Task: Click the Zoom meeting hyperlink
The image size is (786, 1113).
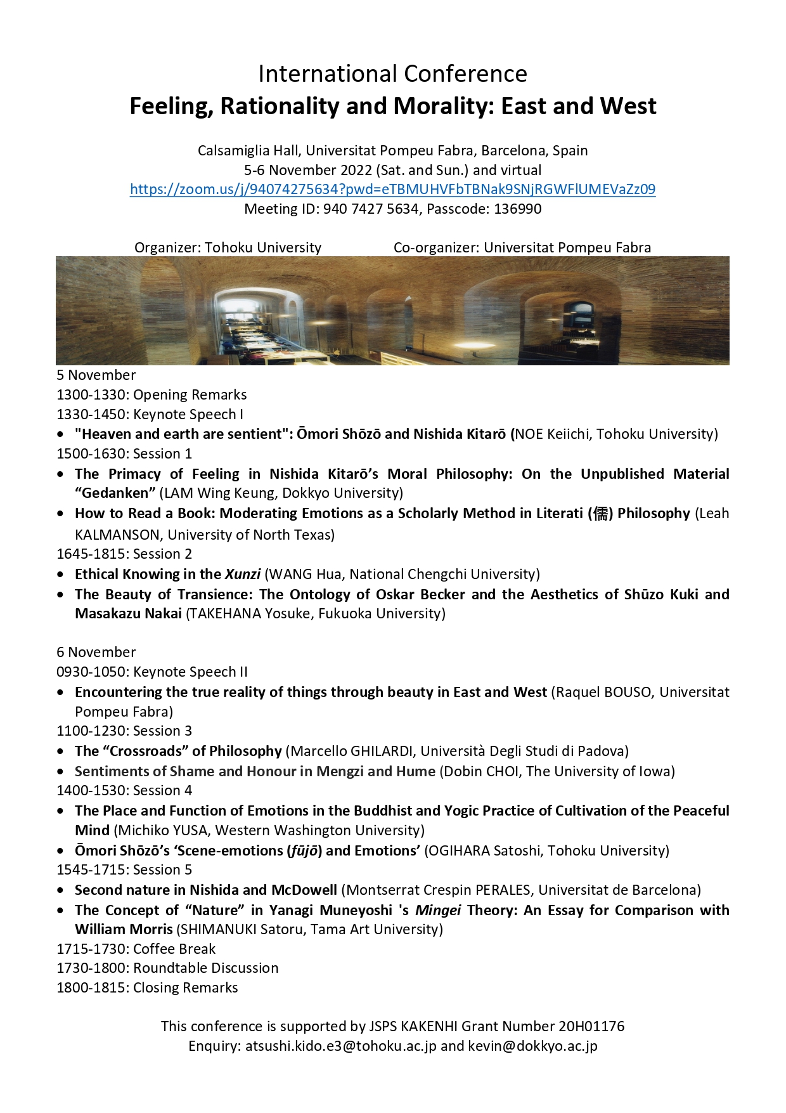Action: click(392, 190)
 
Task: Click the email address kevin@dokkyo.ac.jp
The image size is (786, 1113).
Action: click(532, 1046)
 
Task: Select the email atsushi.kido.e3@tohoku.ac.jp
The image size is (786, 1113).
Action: click(340, 1046)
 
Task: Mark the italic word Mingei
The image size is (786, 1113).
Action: click(438, 911)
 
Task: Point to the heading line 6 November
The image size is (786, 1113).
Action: click(96, 653)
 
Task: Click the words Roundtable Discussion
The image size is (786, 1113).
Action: click(206, 968)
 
